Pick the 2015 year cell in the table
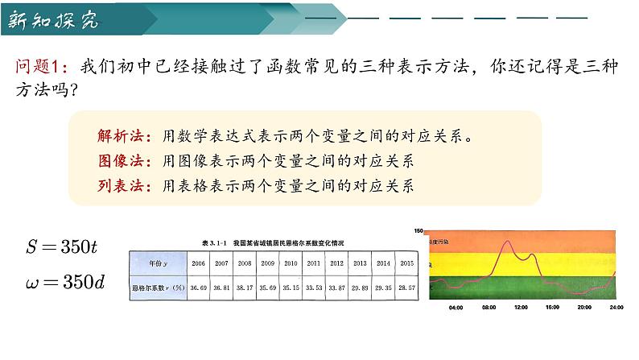coord(406,263)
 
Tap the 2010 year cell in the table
coord(291,263)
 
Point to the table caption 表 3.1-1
coord(210,242)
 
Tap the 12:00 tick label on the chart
coord(521,307)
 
